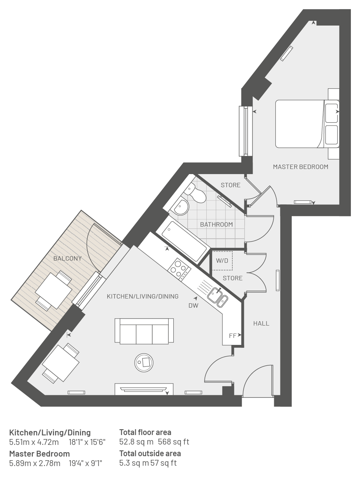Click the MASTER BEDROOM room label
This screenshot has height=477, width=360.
pos(300,167)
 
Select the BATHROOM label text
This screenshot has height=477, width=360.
pos(216,224)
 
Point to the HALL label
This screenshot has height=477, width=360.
pos(261,323)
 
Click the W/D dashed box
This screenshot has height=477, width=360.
pos(222,261)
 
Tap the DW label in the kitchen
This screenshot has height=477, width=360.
pos(193,305)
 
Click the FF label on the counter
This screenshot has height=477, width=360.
pos(232,336)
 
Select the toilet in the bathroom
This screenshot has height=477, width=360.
pos(194,193)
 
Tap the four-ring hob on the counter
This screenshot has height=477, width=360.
pos(179,269)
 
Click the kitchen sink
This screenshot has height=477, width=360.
pos(218,297)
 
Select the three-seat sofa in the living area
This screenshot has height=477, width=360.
pos(144,331)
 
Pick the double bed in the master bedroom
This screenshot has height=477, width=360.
pos(307,124)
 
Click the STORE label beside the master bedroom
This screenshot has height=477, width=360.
pos(230,185)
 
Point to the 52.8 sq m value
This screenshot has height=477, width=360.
pos(136,442)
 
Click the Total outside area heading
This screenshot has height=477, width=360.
pos(150,454)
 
